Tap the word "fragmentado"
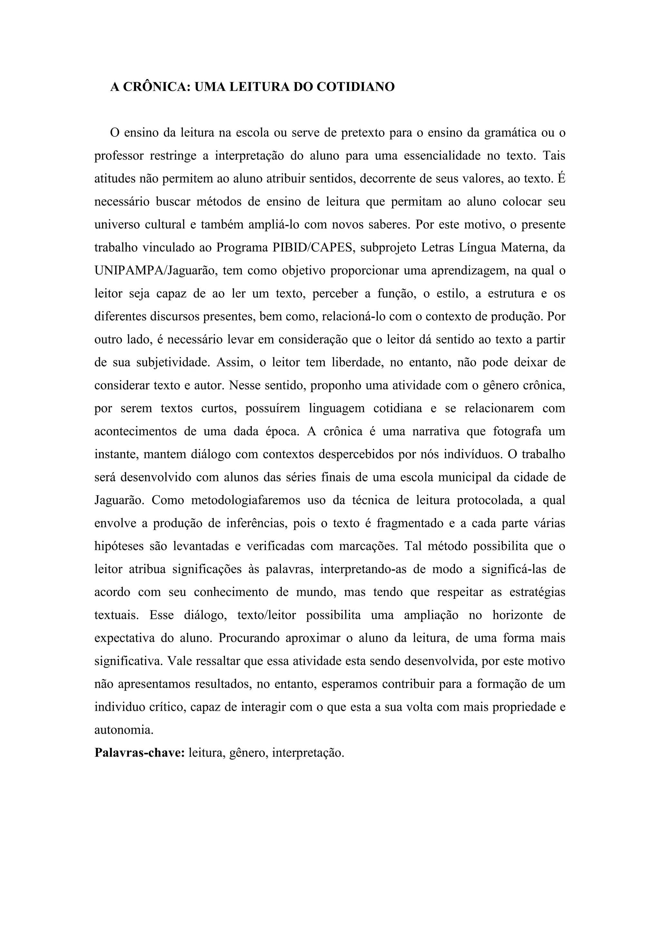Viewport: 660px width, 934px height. pyautogui.click(x=410, y=523)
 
